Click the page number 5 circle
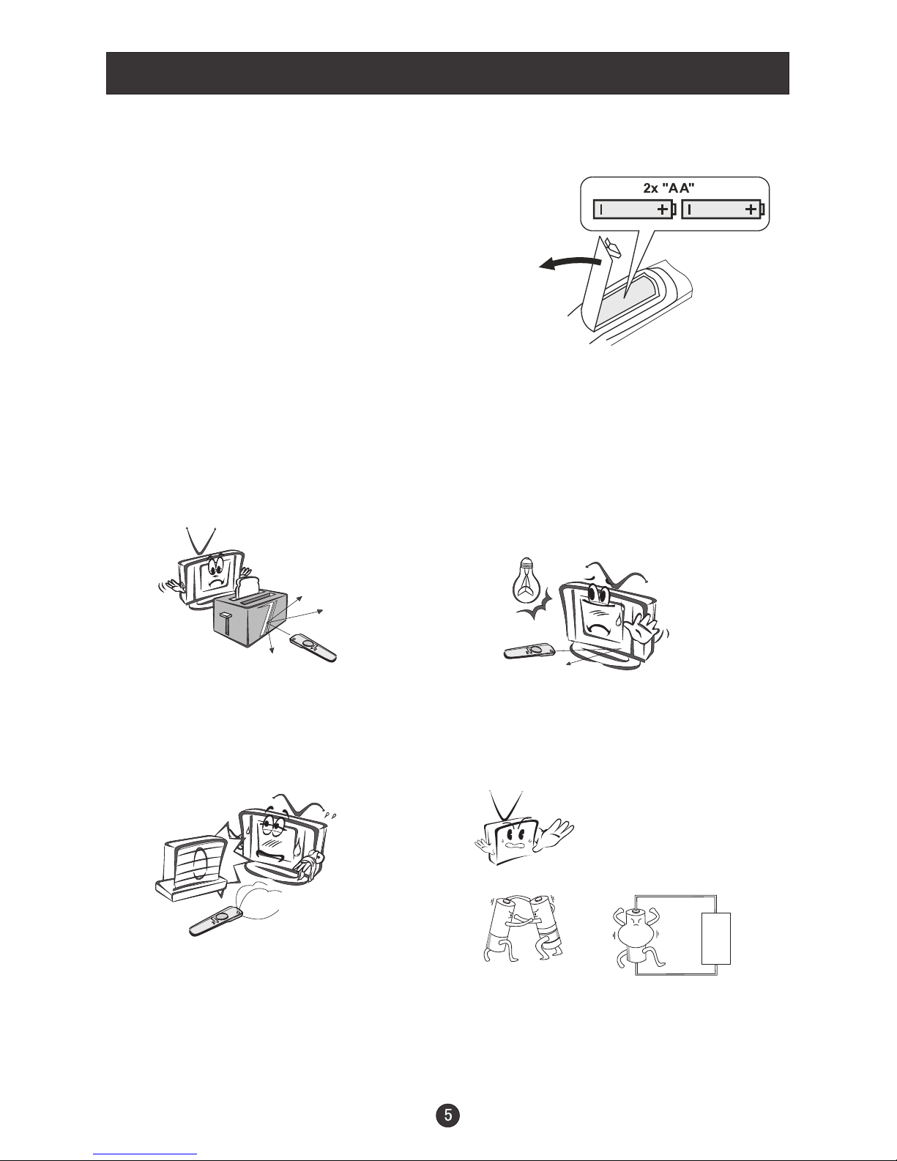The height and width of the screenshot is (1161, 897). click(x=448, y=1115)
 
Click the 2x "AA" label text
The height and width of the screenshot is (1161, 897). click(x=669, y=188)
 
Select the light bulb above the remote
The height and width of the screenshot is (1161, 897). click(x=527, y=579)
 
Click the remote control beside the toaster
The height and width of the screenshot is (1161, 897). click(x=313, y=648)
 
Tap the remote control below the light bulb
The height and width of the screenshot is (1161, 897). click(x=529, y=651)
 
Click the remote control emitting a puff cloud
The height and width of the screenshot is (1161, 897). click(x=217, y=921)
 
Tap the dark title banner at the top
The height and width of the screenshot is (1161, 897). click(x=447, y=73)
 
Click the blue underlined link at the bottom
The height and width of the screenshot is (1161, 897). click(x=145, y=1154)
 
